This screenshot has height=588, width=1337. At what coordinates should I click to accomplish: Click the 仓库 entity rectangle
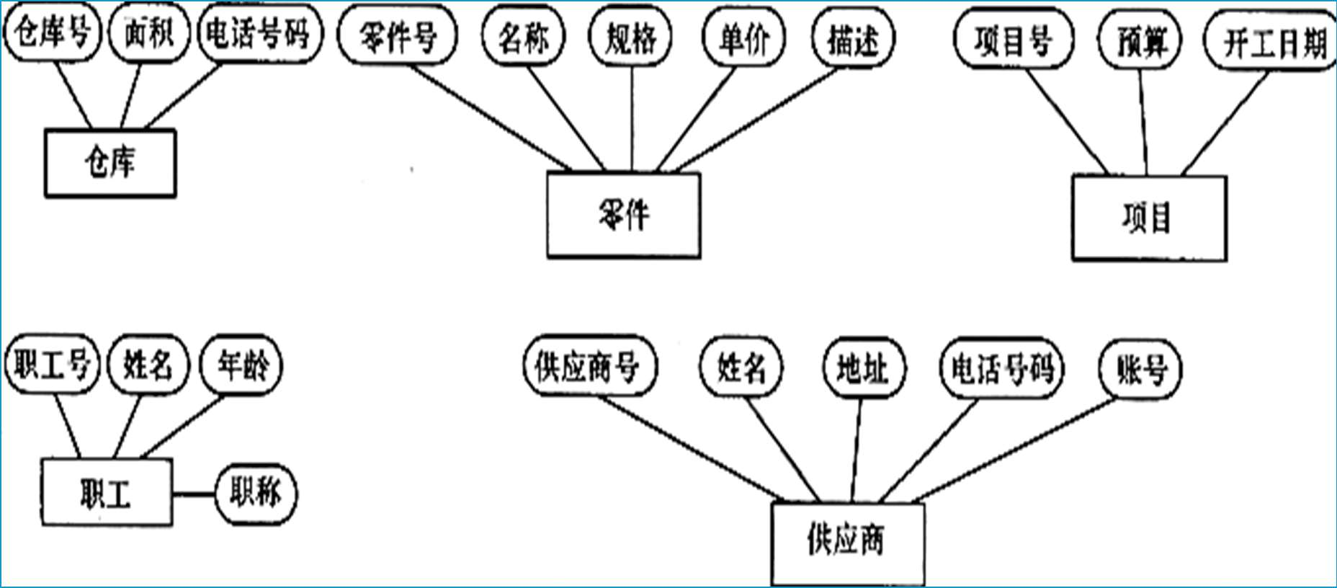pos(110,163)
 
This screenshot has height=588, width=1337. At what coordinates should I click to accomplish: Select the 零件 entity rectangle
pos(623,215)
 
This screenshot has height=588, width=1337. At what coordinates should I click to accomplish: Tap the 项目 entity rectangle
pos(1149,218)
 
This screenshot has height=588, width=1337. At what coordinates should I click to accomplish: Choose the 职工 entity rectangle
pos(106,493)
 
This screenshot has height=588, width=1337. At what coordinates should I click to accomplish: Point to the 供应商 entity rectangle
pos(847,542)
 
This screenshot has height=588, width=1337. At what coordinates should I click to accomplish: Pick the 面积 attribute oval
pos(149,33)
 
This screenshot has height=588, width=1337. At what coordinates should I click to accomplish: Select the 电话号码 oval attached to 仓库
pos(258,33)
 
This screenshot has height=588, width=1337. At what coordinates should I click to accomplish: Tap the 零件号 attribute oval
pos(398,36)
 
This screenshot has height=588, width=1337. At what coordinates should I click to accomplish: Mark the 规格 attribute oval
pos(630,37)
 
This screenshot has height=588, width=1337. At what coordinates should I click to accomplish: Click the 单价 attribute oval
pos(744,37)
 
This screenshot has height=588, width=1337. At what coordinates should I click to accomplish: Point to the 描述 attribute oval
pos(853,39)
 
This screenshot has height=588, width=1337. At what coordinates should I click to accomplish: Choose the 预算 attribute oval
pos(1140,42)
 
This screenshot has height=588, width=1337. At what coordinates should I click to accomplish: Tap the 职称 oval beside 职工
pos(256,494)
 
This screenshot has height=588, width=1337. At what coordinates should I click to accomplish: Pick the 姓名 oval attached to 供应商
pos(741,369)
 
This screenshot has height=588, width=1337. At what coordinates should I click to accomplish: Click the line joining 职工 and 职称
pos(194,494)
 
